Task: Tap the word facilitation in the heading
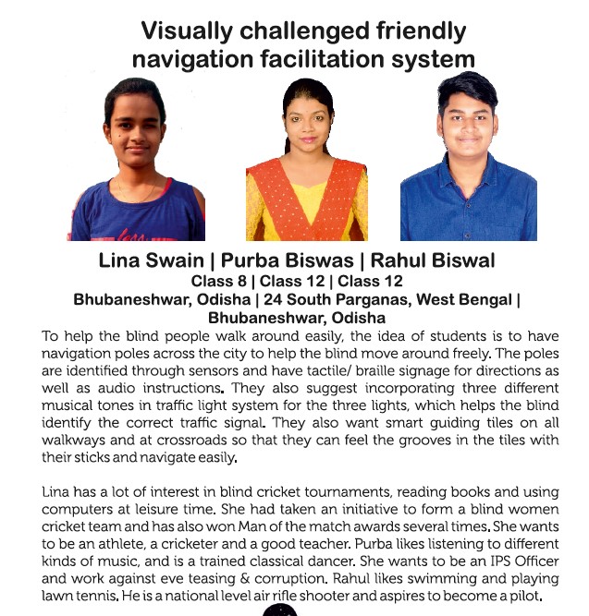click(311, 60)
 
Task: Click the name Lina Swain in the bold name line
click(146, 260)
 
